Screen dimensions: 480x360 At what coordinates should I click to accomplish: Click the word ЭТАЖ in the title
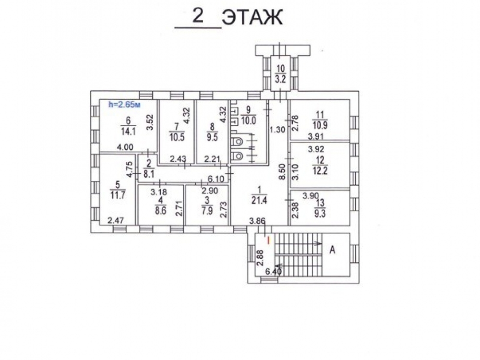[252, 18]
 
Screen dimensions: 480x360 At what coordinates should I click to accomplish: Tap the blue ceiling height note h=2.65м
[125, 105]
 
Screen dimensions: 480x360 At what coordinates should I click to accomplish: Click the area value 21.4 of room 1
[259, 201]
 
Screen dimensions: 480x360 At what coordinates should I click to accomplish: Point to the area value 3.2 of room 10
[280, 80]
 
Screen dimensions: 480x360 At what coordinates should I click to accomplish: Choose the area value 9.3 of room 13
[320, 214]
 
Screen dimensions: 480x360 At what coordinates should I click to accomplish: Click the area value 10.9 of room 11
[320, 125]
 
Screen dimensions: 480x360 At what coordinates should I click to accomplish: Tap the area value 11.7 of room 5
[118, 195]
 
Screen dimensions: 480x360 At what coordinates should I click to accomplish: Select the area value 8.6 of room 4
[160, 211]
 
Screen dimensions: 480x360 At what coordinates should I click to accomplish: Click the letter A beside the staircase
[333, 250]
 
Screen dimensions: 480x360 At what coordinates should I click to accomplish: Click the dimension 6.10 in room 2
[216, 179]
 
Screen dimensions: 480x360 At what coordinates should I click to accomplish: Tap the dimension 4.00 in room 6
[125, 147]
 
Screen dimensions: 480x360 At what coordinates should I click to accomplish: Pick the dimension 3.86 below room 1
[257, 221]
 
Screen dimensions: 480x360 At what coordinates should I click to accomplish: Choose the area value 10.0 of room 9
[248, 120]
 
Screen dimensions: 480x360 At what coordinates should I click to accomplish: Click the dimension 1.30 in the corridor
[277, 130]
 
